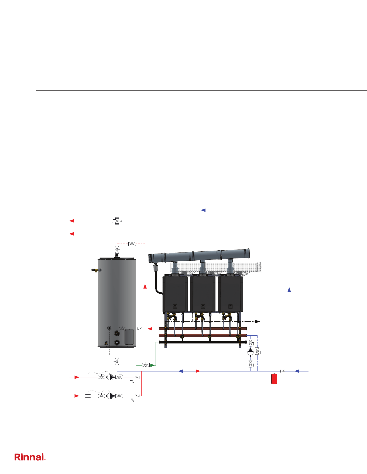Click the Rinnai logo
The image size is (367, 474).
pyautogui.click(x=30, y=457)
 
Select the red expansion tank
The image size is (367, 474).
pyautogui.click(x=274, y=378)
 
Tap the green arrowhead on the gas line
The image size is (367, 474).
pyautogui.click(x=153, y=365)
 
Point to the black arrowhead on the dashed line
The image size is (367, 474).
pyautogui.click(x=258, y=321)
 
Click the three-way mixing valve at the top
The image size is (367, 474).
pyautogui.click(x=117, y=221)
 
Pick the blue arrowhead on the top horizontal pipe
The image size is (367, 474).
pyautogui.click(x=203, y=210)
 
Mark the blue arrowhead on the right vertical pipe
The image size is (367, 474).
pyautogui.click(x=289, y=290)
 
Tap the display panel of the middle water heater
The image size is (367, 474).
pyautogui.click(x=203, y=306)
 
